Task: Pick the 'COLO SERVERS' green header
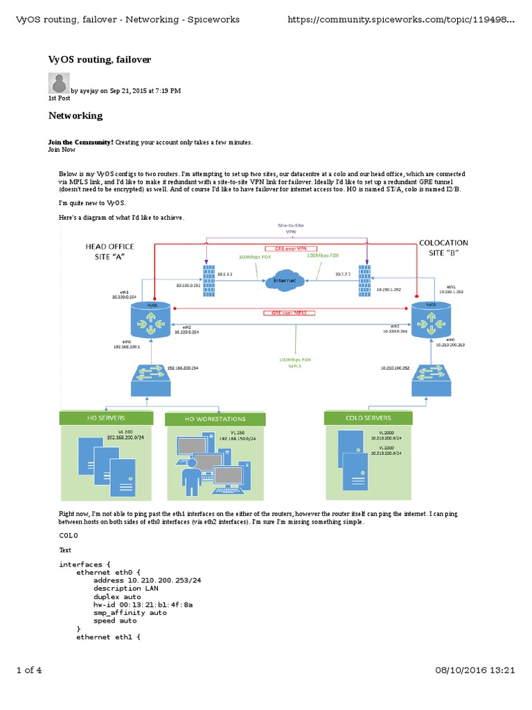[368, 417]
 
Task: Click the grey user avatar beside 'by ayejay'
[58, 83]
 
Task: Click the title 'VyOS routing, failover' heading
[99, 60]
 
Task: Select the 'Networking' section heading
[75, 115]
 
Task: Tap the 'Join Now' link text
[62, 149]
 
